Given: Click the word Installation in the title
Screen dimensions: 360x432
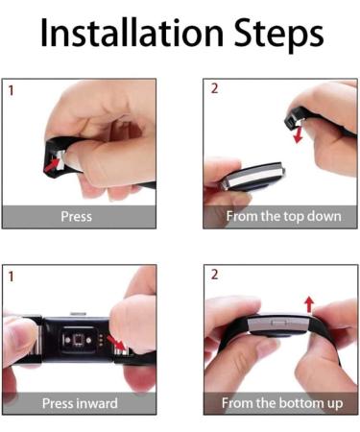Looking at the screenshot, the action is click(132, 33).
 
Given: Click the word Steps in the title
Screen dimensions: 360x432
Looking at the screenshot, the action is click(279, 35).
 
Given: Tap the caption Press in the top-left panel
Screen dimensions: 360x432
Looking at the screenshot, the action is click(76, 216).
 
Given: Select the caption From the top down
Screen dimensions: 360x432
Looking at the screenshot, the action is click(283, 217).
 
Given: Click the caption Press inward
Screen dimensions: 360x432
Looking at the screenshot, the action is click(80, 403).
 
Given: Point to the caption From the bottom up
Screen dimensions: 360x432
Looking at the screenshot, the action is click(282, 403).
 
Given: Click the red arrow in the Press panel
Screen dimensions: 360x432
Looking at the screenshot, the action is click(53, 165).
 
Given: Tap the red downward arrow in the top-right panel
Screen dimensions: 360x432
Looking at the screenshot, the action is click(299, 134).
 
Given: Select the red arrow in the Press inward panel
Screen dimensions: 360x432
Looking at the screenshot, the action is click(116, 343).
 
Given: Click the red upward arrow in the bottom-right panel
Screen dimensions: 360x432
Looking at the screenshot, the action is click(309, 304).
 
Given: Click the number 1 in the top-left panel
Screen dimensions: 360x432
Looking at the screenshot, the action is click(12, 90).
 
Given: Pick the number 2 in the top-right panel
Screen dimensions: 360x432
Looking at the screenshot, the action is click(214, 88).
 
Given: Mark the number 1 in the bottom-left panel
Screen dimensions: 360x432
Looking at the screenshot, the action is click(12, 276).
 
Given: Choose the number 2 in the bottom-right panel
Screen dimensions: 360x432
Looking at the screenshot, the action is click(214, 275).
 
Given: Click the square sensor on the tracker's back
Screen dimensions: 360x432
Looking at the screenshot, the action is click(78, 339).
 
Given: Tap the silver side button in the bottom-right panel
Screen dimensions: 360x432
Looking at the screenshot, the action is click(278, 323).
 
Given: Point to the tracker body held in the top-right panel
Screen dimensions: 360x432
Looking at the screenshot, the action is click(252, 177).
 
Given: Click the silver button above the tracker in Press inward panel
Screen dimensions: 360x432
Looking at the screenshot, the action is click(79, 314).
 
